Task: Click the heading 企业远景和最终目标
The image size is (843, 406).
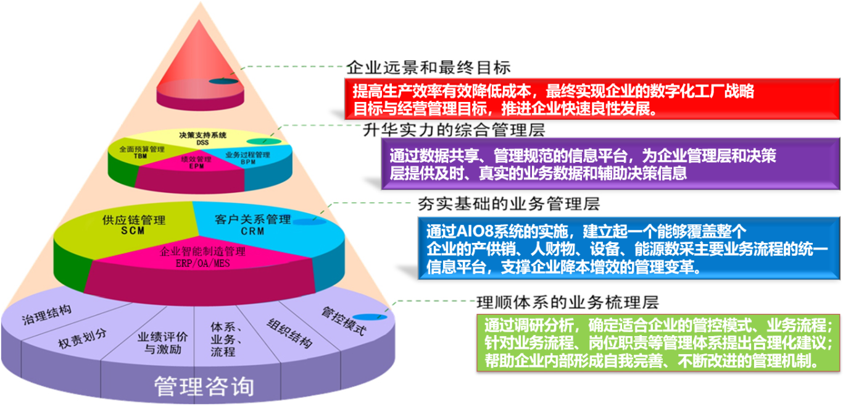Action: pos(428,67)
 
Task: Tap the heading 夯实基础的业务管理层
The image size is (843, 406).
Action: pos(509,203)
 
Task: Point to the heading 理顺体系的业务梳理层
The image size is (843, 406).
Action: pos(568,302)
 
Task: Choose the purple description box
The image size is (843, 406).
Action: pos(611,164)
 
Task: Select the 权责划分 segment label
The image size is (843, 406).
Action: pos(82,339)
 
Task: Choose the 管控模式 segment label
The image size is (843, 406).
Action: pos(343,320)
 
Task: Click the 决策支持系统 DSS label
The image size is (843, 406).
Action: pos(203,138)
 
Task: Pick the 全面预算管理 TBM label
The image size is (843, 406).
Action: pos(141,153)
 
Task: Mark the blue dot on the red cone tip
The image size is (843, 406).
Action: pos(222,82)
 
